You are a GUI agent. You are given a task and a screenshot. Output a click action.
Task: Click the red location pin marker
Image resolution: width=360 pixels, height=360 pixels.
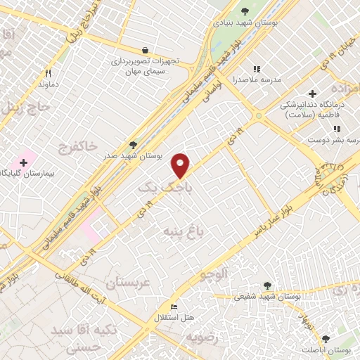coord(181,165)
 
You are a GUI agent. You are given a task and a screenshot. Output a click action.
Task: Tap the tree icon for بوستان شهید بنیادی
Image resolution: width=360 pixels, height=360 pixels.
coord(244,11)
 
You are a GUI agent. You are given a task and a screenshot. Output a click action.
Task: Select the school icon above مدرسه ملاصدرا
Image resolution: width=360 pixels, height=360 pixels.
coord(257,69)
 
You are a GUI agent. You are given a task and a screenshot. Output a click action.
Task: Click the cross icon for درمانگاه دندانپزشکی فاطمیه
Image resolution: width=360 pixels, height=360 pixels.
coord(312,94)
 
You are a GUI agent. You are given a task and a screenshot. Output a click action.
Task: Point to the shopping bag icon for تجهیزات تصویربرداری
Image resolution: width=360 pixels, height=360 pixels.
coord(145,50)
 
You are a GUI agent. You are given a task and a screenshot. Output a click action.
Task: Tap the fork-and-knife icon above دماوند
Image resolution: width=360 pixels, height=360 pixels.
coord(48,72)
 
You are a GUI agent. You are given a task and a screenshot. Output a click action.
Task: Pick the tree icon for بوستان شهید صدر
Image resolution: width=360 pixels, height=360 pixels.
coord(133,144)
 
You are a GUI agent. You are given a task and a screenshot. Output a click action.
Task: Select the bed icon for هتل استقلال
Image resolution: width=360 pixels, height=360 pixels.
coord(174,307)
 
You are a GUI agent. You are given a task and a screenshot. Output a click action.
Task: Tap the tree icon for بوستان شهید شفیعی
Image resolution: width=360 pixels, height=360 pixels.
coord(266,285)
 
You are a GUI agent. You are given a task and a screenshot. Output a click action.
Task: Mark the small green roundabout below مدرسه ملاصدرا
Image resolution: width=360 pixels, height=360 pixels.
coord(259,115)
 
